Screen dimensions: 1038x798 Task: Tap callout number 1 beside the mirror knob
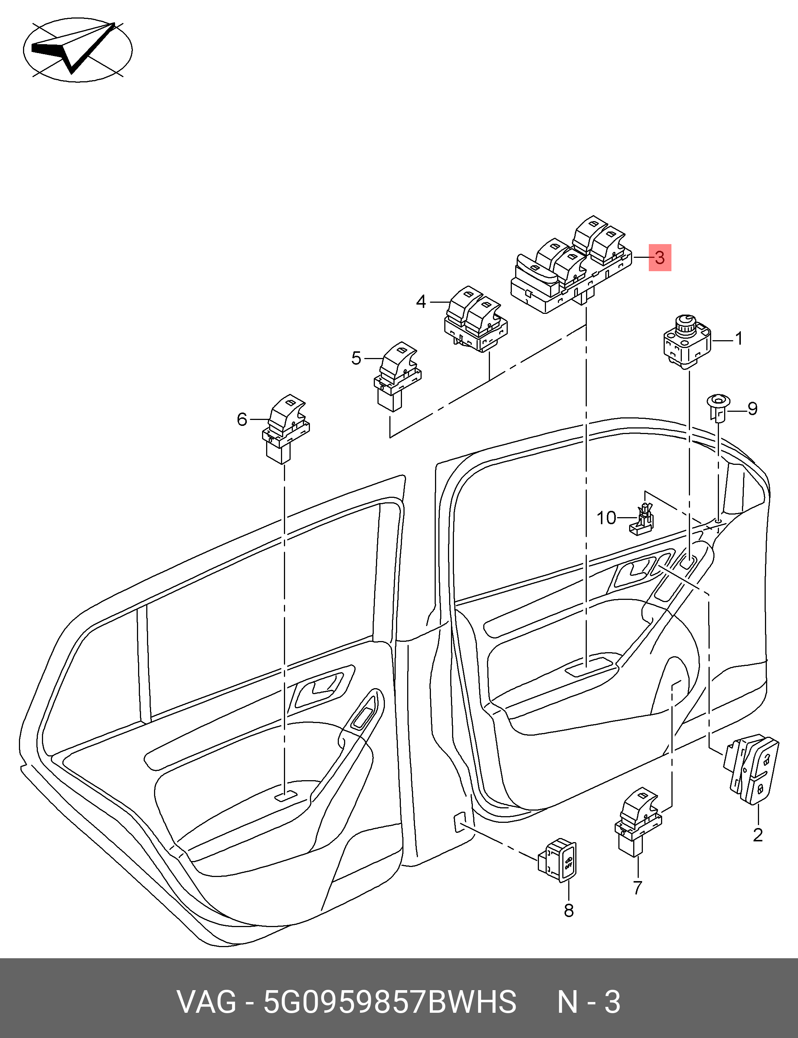pyautogui.click(x=739, y=339)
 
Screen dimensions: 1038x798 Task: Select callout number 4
pyautogui.click(x=421, y=302)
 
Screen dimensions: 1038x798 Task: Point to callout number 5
pyautogui.click(x=356, y=358)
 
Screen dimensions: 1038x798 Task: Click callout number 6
pyautogui.click(x=242, y=420)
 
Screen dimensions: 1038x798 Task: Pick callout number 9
pyautogui.click(x=752, y=409)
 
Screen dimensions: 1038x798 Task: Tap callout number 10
pyautogui.click(x=606, y=518)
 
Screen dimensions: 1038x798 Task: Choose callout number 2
pyautogui.click(x=758, y=835)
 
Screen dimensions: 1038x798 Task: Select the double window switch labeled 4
pyautogui.click(x=475, y=319)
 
